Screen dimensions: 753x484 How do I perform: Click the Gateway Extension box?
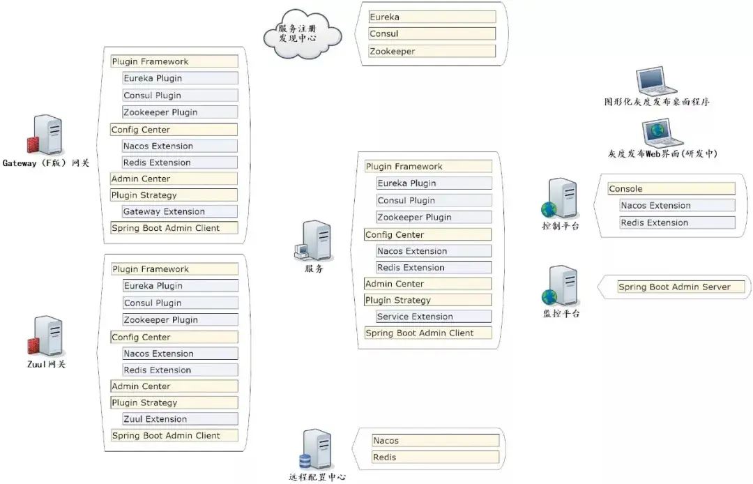180,211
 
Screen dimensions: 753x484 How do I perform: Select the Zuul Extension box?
180,418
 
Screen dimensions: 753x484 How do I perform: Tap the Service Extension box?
434,317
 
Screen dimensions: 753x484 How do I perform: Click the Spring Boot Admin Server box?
681,287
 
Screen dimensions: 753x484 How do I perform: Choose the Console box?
671,189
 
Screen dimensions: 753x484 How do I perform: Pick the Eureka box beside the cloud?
432,17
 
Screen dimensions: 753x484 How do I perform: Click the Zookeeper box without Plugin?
432,51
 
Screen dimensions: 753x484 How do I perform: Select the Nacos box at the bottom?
436,440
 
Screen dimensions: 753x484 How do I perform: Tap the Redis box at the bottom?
436,457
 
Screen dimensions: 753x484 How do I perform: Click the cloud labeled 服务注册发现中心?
303,33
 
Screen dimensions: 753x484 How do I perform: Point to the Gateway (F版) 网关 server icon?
45,135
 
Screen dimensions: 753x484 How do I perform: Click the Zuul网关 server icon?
45,336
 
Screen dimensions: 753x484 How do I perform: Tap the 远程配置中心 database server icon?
317,449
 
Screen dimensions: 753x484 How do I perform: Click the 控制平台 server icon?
560,198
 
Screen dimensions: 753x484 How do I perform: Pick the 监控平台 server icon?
560,286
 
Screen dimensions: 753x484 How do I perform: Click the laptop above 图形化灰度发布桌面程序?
656,81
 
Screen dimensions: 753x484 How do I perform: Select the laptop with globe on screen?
662,133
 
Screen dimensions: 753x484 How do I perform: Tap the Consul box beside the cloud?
432,33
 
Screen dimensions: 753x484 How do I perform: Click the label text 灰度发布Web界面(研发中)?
662,153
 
